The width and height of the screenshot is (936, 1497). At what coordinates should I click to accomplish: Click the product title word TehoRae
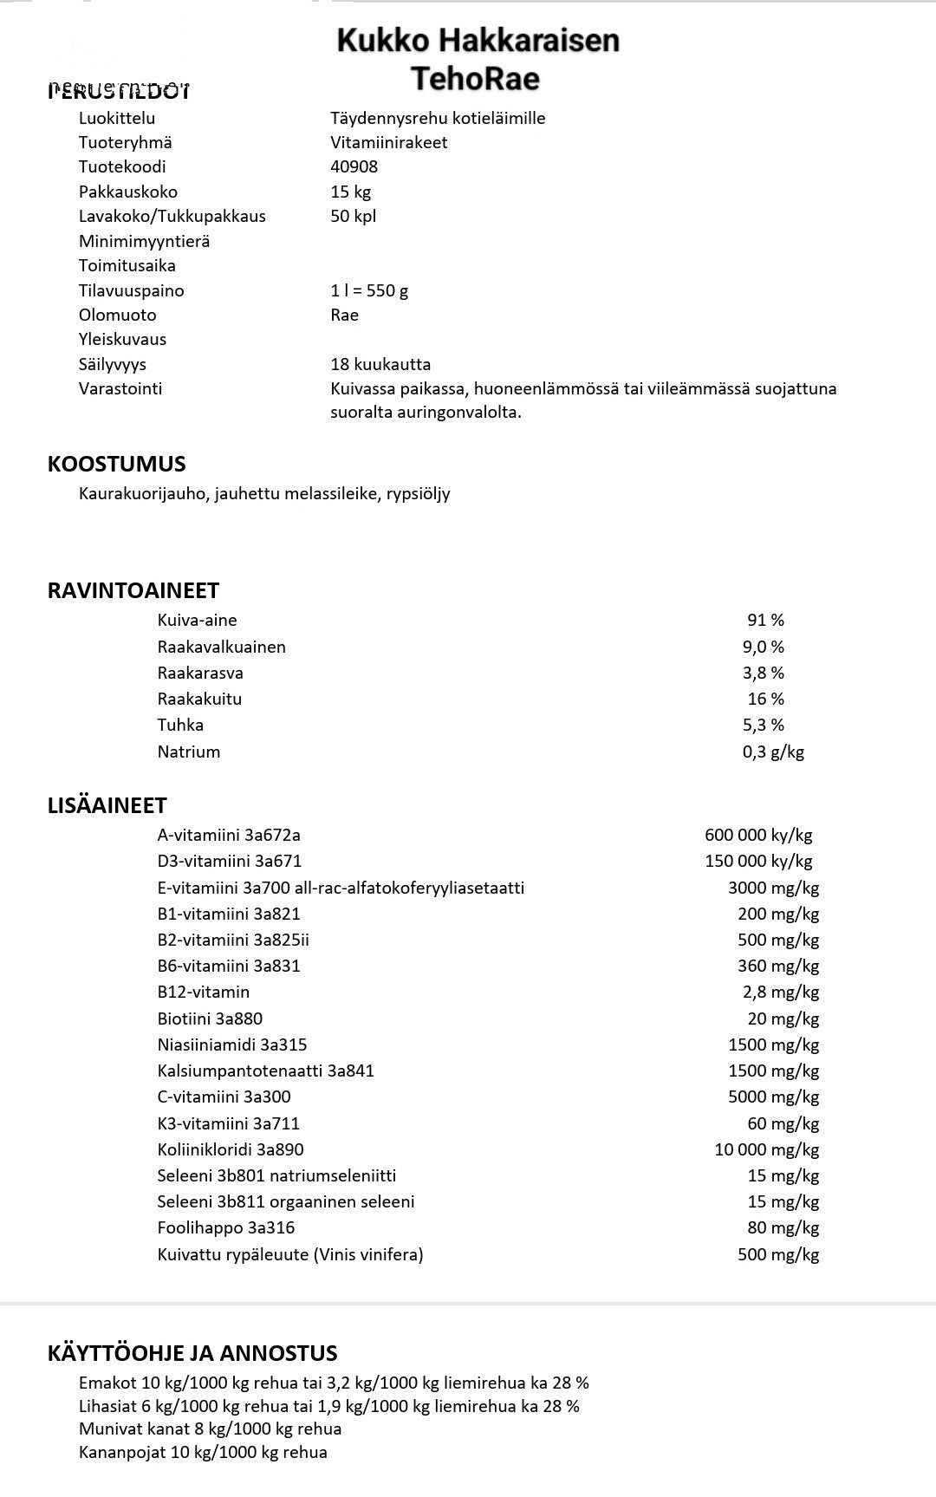(x=475, y=79)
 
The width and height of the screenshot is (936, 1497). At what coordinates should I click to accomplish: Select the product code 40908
(x=354, y=166)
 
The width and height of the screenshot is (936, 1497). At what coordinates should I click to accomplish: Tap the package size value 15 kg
(x=350, y=192)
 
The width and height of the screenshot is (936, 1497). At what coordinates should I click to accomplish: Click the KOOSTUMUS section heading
(x=116, y=464)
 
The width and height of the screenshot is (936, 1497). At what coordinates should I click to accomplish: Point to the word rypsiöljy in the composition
(x=419, y=494)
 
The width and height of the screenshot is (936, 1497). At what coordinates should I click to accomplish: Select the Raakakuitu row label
(x=199, y=699)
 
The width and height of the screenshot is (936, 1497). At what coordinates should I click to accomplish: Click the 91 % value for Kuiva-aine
(x=765, y=620)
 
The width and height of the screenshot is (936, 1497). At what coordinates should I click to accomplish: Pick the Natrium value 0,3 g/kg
(x=773, y=752)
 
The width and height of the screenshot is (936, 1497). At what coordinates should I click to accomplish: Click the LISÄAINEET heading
(x=107, y=805)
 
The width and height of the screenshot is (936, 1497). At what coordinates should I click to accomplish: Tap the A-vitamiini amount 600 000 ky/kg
(x=758, y=835)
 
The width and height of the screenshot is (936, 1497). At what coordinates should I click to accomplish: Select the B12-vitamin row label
(x=203, y=992)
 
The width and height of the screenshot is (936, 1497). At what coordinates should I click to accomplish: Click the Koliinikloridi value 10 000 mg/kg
(x=766, y=1149)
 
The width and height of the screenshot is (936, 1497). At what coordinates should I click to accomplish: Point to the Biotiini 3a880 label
(x=210, y=1019)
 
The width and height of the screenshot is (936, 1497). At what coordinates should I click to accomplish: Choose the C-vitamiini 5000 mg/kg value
(x=773, y=1097)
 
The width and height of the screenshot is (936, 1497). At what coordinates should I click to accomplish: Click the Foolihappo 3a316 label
(x=225, y=1227)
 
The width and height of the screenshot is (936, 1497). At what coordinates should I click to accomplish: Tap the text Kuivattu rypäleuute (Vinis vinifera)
(x=290, y=1254)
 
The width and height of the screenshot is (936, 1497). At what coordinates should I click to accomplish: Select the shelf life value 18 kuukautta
(x=380, y=364)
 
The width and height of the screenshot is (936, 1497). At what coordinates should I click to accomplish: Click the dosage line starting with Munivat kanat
(x=210, y=1429)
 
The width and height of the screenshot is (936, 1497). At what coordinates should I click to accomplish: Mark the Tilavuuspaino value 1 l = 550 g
(x=369, y=290)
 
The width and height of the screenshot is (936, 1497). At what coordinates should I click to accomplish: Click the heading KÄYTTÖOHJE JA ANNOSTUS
(x=192, y=1353)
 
